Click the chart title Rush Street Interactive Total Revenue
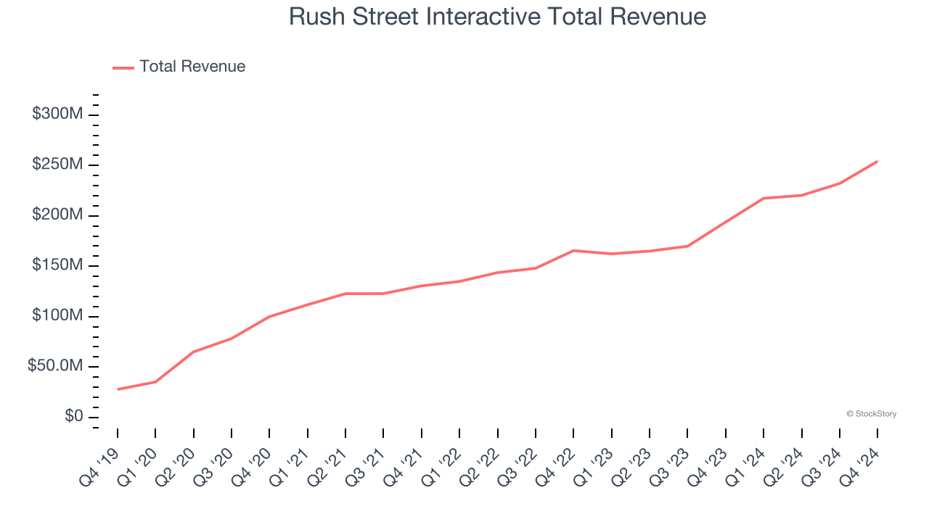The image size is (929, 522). (x=497, y=16)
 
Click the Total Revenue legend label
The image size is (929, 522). (x=192, y=67)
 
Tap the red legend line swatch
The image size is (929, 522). (x=123, y=67)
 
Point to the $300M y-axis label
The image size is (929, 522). (x=57, y=115)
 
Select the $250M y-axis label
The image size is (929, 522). (x=57, y=165)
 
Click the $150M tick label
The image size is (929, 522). (x=57, y=265)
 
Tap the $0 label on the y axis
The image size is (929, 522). (x=73, y=417)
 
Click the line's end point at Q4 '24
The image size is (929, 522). (x=877, y=162)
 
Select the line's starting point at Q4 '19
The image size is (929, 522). (x=118, y=389)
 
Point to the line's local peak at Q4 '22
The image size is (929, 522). (x=573, y=250)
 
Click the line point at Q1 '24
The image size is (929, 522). (x=764, y=198)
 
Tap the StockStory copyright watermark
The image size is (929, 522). (x=871, y=414)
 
